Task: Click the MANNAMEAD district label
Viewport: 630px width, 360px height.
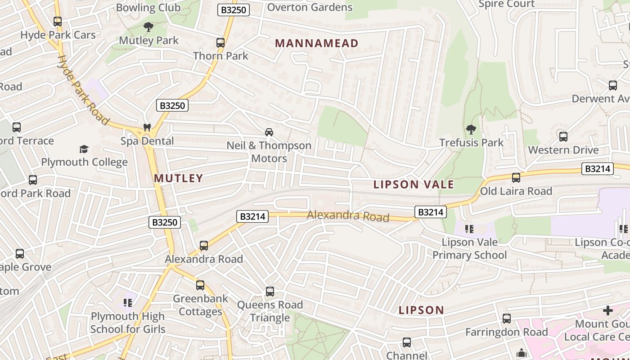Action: click(316, 43)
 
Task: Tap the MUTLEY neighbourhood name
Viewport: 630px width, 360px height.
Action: click(179, 178)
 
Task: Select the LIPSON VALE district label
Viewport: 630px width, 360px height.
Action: click(414, 184)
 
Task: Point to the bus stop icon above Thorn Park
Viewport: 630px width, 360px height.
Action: click(220, 43)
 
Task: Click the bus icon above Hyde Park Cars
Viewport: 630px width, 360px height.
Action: click(58, 22)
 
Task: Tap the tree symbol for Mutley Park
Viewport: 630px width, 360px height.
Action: click(148, 27)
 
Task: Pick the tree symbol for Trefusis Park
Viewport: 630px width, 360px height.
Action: click(471, 130)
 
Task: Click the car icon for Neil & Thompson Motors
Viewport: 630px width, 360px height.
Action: click(269, 132)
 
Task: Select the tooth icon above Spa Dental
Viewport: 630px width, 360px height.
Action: click(147, 128)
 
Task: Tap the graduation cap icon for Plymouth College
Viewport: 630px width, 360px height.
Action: click(84, 149)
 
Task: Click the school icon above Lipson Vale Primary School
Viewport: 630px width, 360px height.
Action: click(469, 229)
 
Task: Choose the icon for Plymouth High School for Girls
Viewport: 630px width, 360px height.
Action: click(128, 303)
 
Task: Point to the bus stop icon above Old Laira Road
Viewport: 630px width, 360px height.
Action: click(516, 178)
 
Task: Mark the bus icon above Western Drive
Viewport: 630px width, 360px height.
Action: click(563, 137)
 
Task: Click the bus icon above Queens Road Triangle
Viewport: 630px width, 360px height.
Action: click(270, 292)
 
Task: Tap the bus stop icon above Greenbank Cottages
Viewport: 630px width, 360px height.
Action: click(200, 285)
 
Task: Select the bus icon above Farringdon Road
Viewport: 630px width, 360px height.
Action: click(506, 319)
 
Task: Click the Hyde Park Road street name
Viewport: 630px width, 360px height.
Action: click(83, 90)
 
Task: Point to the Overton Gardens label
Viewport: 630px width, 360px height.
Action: click(310, 7)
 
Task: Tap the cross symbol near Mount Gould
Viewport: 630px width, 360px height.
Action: click(608, 310)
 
